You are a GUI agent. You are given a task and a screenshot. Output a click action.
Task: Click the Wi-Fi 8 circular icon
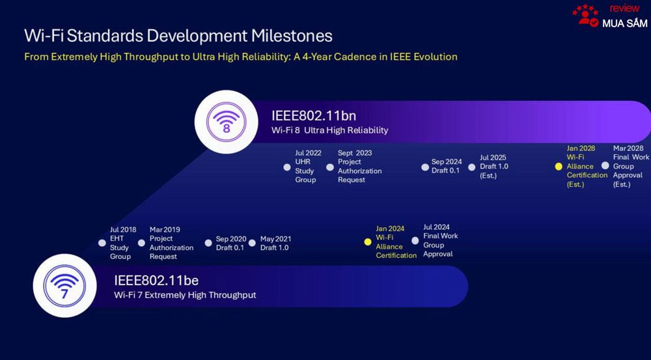227,122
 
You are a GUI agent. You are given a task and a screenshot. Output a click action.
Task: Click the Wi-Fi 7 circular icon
64,286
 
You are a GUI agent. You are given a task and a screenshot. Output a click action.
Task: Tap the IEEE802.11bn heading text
314,115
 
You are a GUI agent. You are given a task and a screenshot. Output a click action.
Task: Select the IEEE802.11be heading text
156,281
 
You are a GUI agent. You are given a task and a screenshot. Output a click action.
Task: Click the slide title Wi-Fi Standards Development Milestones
178,36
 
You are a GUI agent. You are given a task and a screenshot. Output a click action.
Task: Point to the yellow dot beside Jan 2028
559,167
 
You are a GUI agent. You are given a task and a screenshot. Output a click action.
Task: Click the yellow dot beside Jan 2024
367,242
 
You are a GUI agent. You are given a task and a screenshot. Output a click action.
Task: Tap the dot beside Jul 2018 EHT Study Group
102,243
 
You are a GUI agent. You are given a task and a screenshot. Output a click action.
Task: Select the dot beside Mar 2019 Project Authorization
141,243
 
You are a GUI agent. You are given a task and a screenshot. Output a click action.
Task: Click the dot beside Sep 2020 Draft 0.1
208,243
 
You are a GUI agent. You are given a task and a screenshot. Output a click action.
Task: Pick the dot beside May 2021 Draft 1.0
253,243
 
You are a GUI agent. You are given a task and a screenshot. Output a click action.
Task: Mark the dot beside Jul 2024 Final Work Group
415,241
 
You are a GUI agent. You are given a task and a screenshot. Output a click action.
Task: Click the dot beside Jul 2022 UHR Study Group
287,167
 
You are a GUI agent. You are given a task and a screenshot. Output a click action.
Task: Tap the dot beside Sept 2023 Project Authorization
330,167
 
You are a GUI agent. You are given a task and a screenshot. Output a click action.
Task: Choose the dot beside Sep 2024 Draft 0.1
424,167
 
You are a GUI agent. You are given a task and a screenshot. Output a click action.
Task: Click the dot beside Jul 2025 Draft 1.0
472,167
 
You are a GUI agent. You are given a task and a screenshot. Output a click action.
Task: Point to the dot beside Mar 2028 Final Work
605,165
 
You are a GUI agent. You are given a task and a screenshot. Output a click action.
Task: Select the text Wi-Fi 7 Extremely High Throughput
185,295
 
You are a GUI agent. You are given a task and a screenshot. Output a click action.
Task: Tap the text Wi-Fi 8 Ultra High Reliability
330,130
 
